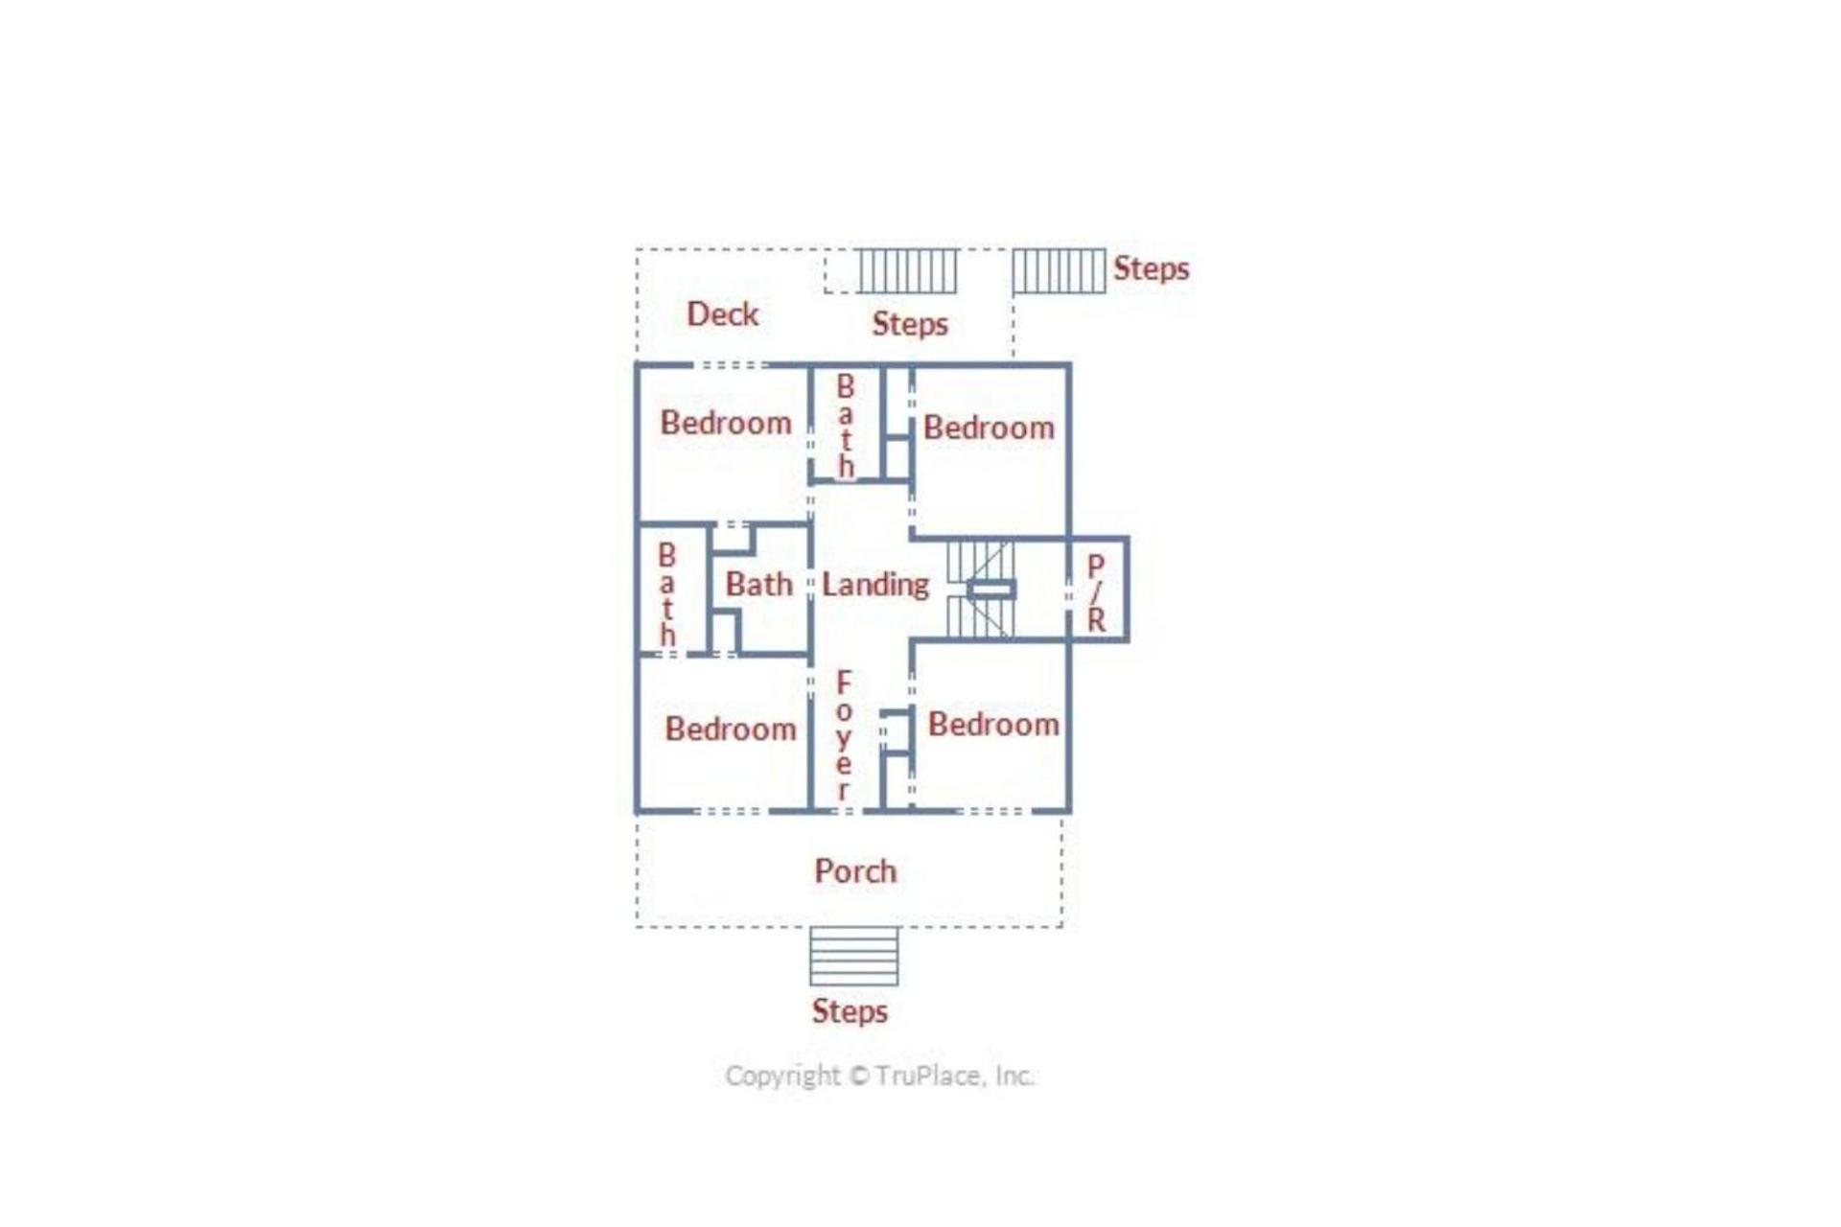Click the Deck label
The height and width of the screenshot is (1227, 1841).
pos(722,314)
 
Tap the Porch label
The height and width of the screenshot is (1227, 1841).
pos(855,870)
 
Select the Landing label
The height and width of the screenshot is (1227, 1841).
pos(875,585)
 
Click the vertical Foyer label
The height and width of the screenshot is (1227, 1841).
pos(843,735)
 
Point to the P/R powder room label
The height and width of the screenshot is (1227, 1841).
pos(1096,592)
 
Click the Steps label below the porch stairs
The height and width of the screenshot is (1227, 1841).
pos(850,1010)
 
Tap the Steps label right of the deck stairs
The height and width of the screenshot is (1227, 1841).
pos(1151,268)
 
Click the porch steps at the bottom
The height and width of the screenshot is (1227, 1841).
pos(853,956)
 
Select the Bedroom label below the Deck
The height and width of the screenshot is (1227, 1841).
pos(726,423)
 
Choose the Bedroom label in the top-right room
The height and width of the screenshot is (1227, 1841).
pos(989,428)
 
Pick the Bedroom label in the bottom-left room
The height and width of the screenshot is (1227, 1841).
pos(731,729)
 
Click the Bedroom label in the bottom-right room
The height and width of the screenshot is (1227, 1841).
pos(993,724)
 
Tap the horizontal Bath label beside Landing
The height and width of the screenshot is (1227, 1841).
pos(758,584)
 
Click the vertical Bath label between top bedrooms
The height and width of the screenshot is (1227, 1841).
pos(845,427)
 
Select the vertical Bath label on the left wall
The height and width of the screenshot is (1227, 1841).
pos(667,594)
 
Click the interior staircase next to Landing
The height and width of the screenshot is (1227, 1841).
pos(980,589)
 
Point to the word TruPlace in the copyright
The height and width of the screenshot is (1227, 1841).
pos(929,1076)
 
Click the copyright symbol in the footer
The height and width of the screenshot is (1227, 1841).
pos(859,1076)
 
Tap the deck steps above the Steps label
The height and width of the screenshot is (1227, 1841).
pos(907,271)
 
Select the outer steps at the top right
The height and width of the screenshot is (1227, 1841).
pos(1059,271)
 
